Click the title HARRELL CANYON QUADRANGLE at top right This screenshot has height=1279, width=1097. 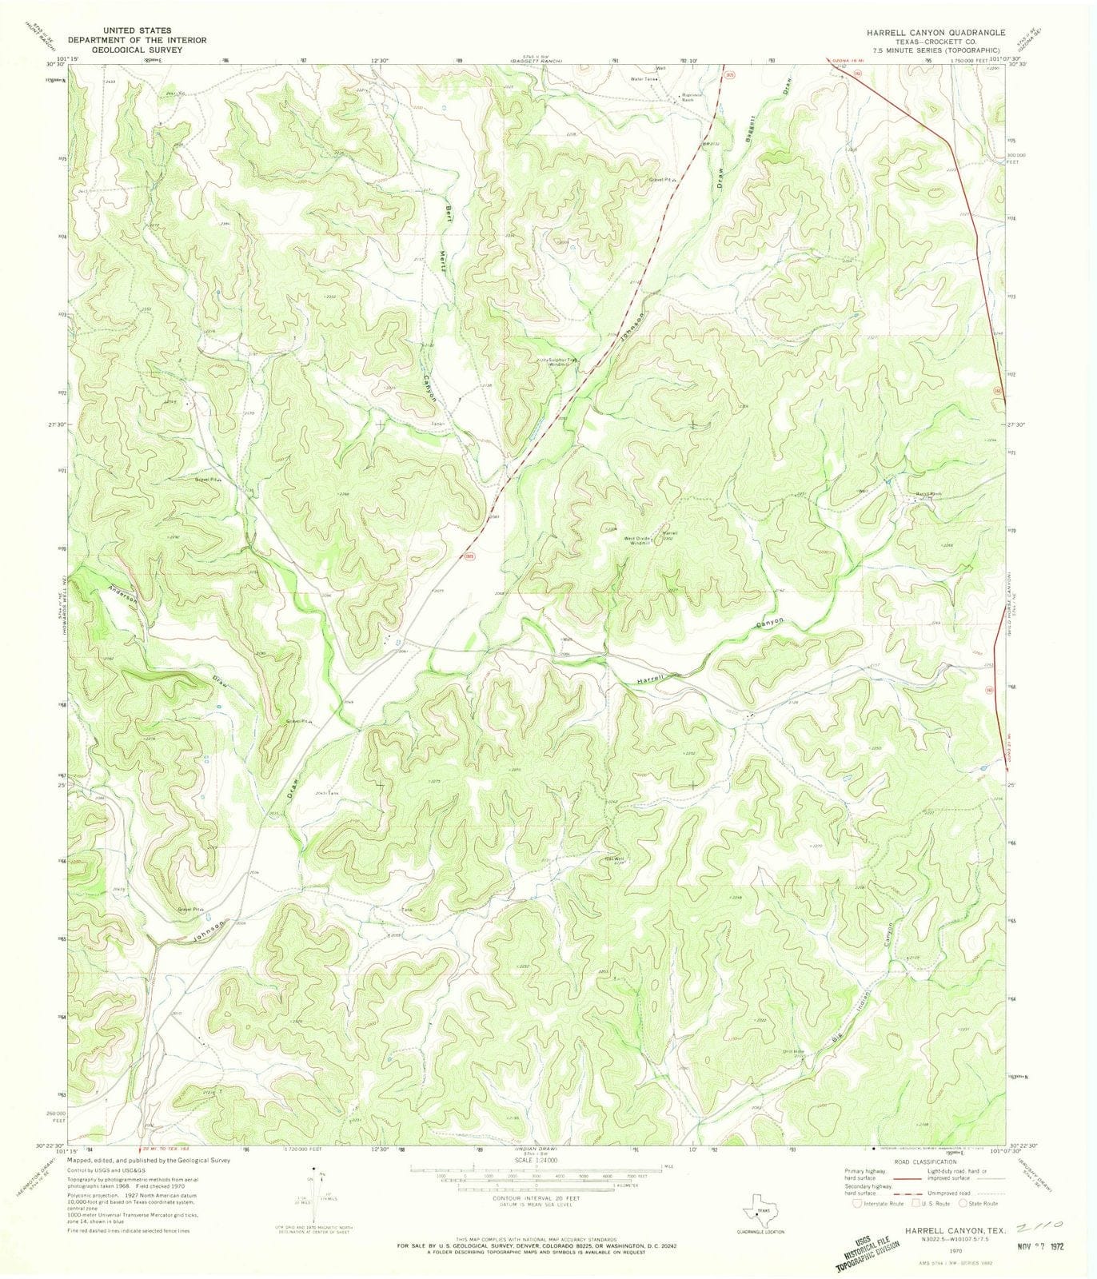pos(925,34)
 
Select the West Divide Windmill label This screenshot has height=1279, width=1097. pos(641,540)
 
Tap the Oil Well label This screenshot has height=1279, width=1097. pos(614,860)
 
